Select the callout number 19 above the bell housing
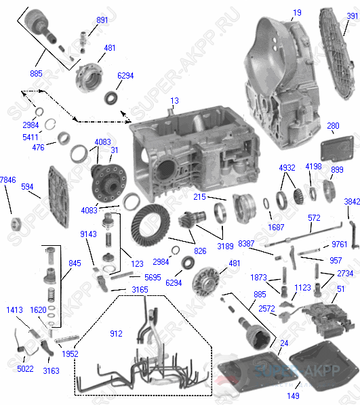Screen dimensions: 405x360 pyautogui.click(x=298, y=12)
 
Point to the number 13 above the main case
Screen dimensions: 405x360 pyautogui.click(x=174, y=101)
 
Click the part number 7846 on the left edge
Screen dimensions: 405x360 pyautogui.click(x=7, y=179)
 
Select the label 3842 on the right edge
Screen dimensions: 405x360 pyautogui.click(x=351, y=202)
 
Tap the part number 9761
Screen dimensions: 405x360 pyautogui.click(x=339, y=244)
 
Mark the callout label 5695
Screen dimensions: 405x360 pyautogui.click(x=152, y=276)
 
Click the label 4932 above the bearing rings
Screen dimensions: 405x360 pyautogui.click(x=287, y=167)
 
